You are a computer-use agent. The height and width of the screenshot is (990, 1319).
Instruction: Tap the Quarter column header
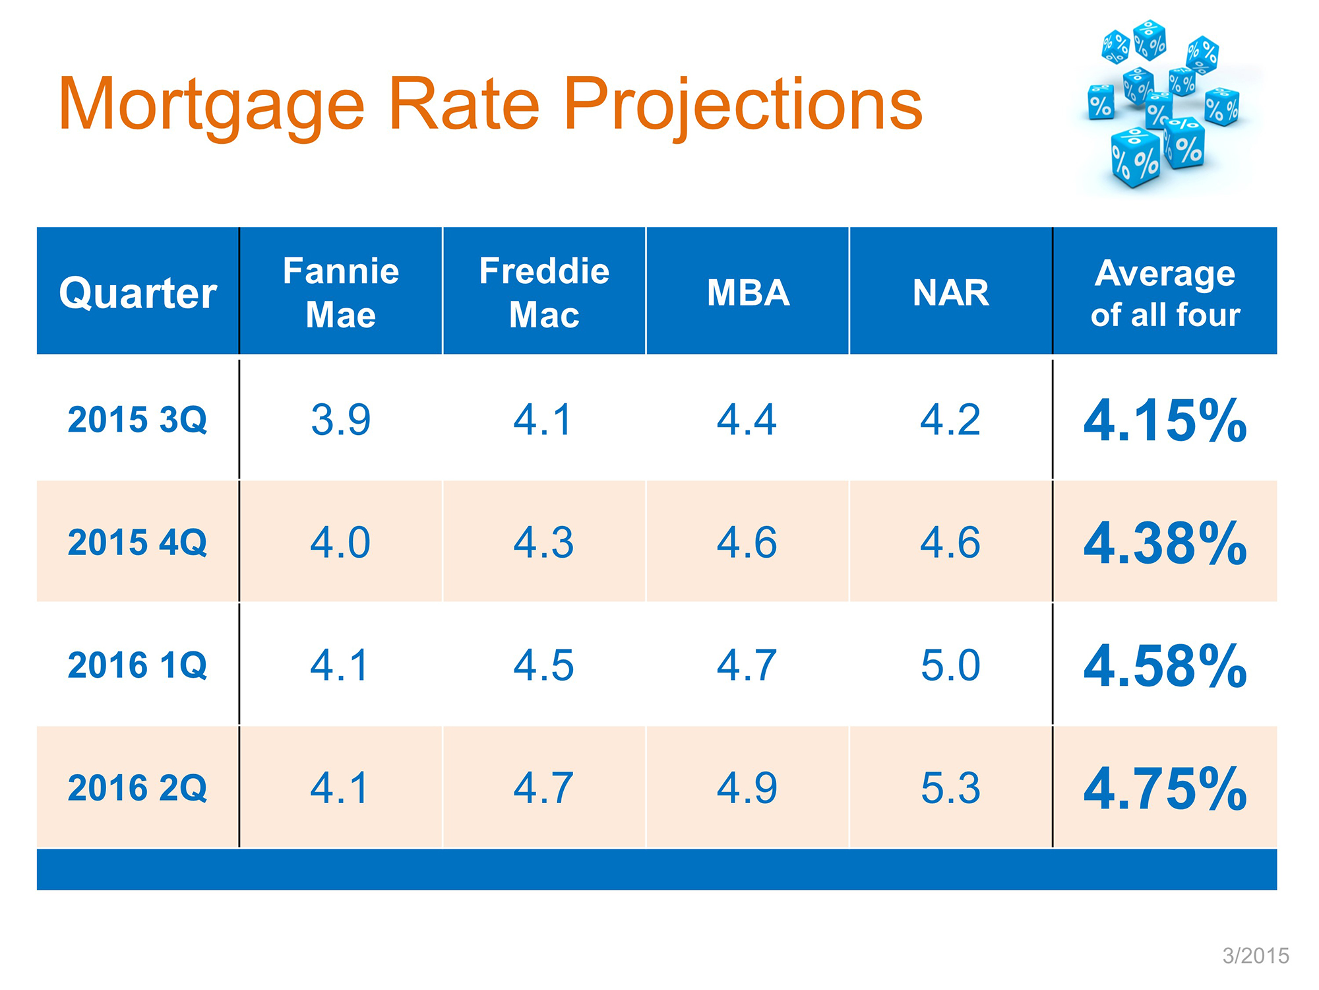(x=138, y=293)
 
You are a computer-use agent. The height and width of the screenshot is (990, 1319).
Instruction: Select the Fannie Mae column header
(x=341, y=292)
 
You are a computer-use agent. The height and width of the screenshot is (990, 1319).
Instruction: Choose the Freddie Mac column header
(x=544, y=292)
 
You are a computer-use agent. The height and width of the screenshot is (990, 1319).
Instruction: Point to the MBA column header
(x=748, y=293)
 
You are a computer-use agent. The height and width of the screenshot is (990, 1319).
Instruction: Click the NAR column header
(x=951, y=293)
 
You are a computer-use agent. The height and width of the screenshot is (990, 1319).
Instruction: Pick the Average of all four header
(x=1165, y=293)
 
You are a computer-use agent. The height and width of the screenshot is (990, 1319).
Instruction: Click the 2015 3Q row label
(x=137, y=420)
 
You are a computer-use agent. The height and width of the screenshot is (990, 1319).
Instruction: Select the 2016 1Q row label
(x=137, y=665)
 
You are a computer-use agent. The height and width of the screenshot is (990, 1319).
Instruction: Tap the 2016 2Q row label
(x=137, y=788)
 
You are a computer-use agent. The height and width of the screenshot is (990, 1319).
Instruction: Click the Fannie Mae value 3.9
(x=341, y=420)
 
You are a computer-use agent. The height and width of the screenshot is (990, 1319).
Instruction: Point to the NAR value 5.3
(x=950, y=788)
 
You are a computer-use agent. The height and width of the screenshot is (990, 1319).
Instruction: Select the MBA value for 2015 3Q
(x=747, y=420)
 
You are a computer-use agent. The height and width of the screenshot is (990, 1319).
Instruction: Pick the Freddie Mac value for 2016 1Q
(x=544, y=665)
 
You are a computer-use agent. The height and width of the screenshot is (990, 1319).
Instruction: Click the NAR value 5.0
(x=950, y=665)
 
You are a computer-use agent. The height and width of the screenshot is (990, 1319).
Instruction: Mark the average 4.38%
(x=1165, y=543)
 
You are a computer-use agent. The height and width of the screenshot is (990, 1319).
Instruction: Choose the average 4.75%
(x=1165, y=789)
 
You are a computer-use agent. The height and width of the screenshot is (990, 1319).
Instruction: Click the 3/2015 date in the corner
(x=1256, y=956)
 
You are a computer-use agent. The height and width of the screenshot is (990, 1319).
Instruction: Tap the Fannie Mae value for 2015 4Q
(x=341, y=543)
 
